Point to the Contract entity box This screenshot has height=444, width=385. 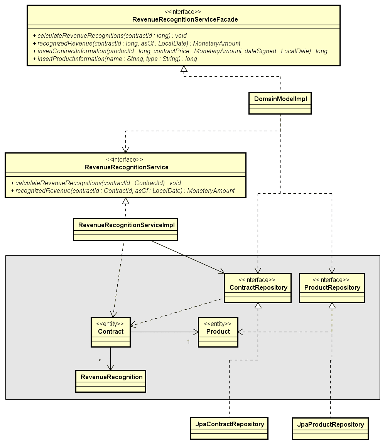pos(111,332)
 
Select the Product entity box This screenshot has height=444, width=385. pos(218,332)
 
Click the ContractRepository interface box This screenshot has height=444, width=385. pos(258,288)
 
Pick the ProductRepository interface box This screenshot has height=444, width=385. pos(332,288)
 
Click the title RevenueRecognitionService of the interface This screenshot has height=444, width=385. pos(126,167)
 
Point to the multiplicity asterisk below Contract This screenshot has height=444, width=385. pos(100,361)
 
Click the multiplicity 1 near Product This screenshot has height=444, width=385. pos(188,342)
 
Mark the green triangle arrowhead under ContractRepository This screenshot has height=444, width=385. pos(258,306)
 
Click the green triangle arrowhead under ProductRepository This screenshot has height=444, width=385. pos(332,306)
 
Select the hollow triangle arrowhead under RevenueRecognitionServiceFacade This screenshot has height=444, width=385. pos(184,69)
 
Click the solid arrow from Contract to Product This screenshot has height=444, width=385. pos(164,331)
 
